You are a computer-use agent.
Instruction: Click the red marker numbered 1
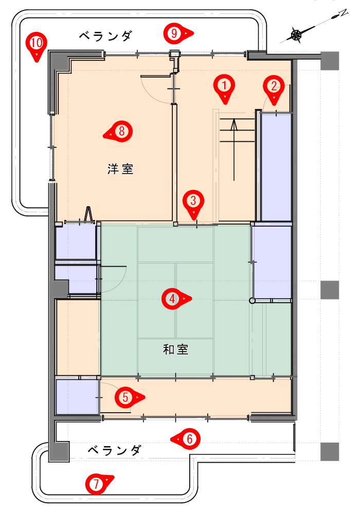[224, 88]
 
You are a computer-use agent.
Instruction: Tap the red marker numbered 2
[274, 88]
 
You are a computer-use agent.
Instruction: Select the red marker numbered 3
[193, 203]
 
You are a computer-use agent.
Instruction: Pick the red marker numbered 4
[175, 299]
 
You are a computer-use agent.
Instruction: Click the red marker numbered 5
[128, 397]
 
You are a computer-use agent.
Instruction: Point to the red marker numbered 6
[187, 438]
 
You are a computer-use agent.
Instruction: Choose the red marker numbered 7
[98, 484]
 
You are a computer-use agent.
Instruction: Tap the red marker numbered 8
[119, 132]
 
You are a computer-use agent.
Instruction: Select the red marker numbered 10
[37, 45]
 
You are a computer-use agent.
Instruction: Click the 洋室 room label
[120, 169]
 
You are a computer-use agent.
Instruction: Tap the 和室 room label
[176, 350]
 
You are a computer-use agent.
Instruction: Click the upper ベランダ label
[105, 36]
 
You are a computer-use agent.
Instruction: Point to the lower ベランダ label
[114, 450]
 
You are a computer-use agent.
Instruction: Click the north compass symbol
[296, 35]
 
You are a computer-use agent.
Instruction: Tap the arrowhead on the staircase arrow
[234, 125]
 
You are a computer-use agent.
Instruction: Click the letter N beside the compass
[343, 13]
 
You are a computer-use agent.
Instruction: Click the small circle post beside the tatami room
[252, 300]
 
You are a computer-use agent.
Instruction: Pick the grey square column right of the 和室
[330, 290]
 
